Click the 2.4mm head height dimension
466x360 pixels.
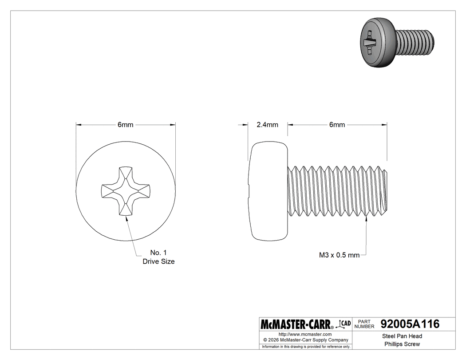(267, 125)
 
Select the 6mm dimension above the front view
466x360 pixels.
(125, 125)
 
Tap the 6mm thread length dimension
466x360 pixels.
(337, 125)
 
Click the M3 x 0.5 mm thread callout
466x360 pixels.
(339, 255)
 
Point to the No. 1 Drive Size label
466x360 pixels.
(158, 257)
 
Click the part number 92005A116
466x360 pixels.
(410, 324)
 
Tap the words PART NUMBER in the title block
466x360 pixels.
(364, 324)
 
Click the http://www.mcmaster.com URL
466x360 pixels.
(305, 334)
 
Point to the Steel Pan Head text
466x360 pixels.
(402, 336)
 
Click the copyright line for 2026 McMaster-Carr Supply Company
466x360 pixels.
(305, 340)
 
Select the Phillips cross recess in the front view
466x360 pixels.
(126, 191)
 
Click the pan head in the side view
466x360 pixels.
(268, 191)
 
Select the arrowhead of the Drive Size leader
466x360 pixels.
(127, 218)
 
